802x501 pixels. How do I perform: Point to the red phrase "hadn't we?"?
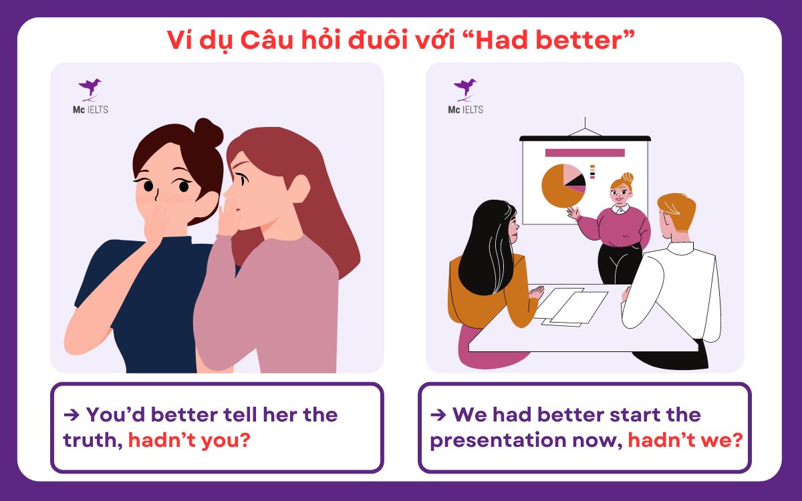[686, 440]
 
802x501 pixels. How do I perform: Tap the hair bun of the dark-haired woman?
[209, 133]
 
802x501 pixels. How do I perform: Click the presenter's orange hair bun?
[627, 178]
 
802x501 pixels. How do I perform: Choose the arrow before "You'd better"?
[72, 414]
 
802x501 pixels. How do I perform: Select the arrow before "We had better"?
[438, 414]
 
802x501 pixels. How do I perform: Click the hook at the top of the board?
[585, 124]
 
